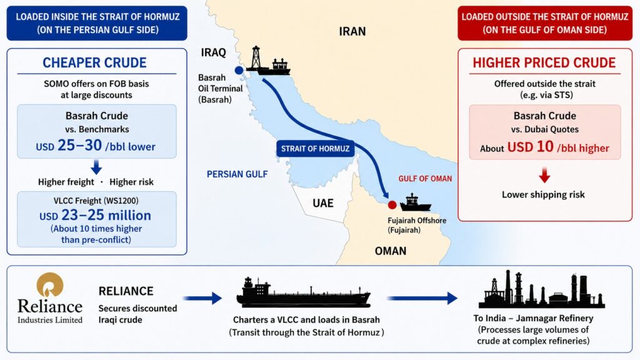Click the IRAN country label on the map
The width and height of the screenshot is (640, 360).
pyautogui.click(x=352, y=31)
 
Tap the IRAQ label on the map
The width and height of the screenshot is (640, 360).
pyautogui.click(x=214, y=52)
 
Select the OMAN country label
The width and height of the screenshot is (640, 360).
pyautogui.click(x=391, y=251)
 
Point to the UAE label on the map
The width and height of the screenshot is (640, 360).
pyautogui.click(x=323, y=203)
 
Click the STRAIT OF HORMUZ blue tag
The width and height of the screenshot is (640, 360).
pyautogui.click(x=315, y=149)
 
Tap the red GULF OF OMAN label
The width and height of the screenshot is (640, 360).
pyautogui.click(x=425, y=179)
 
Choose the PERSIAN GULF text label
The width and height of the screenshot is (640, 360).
pyautogui.click(x=237, y=174)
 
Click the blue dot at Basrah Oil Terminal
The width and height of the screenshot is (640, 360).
pyautogui.click(x=239, y=70)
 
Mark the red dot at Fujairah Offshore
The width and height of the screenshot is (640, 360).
pyautogui.click(x=392, y=205)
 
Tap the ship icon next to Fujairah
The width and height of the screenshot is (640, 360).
pyautogui.click(x=415, y=203)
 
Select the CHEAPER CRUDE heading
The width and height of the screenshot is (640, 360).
pyautogui.click(x=95, y=63)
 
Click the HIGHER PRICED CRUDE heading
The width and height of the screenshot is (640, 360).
pyautogui.click(x=544, y=63)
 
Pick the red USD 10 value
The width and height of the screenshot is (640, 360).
pyautogui.click(x=530, y=147)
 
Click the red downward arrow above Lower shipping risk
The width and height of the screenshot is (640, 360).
pyautogui.click(x=544, y=175)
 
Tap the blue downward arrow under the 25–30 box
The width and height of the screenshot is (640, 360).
pyautogui.click(x=96, y=167)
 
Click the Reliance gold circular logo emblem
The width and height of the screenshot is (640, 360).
pyautogui.click(x=50, y=285)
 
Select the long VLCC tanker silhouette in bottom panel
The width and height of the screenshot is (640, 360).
pyautogui.click(x=303, y=293)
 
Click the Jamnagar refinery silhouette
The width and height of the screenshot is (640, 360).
pyautogui.click(x=542, y=289)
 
